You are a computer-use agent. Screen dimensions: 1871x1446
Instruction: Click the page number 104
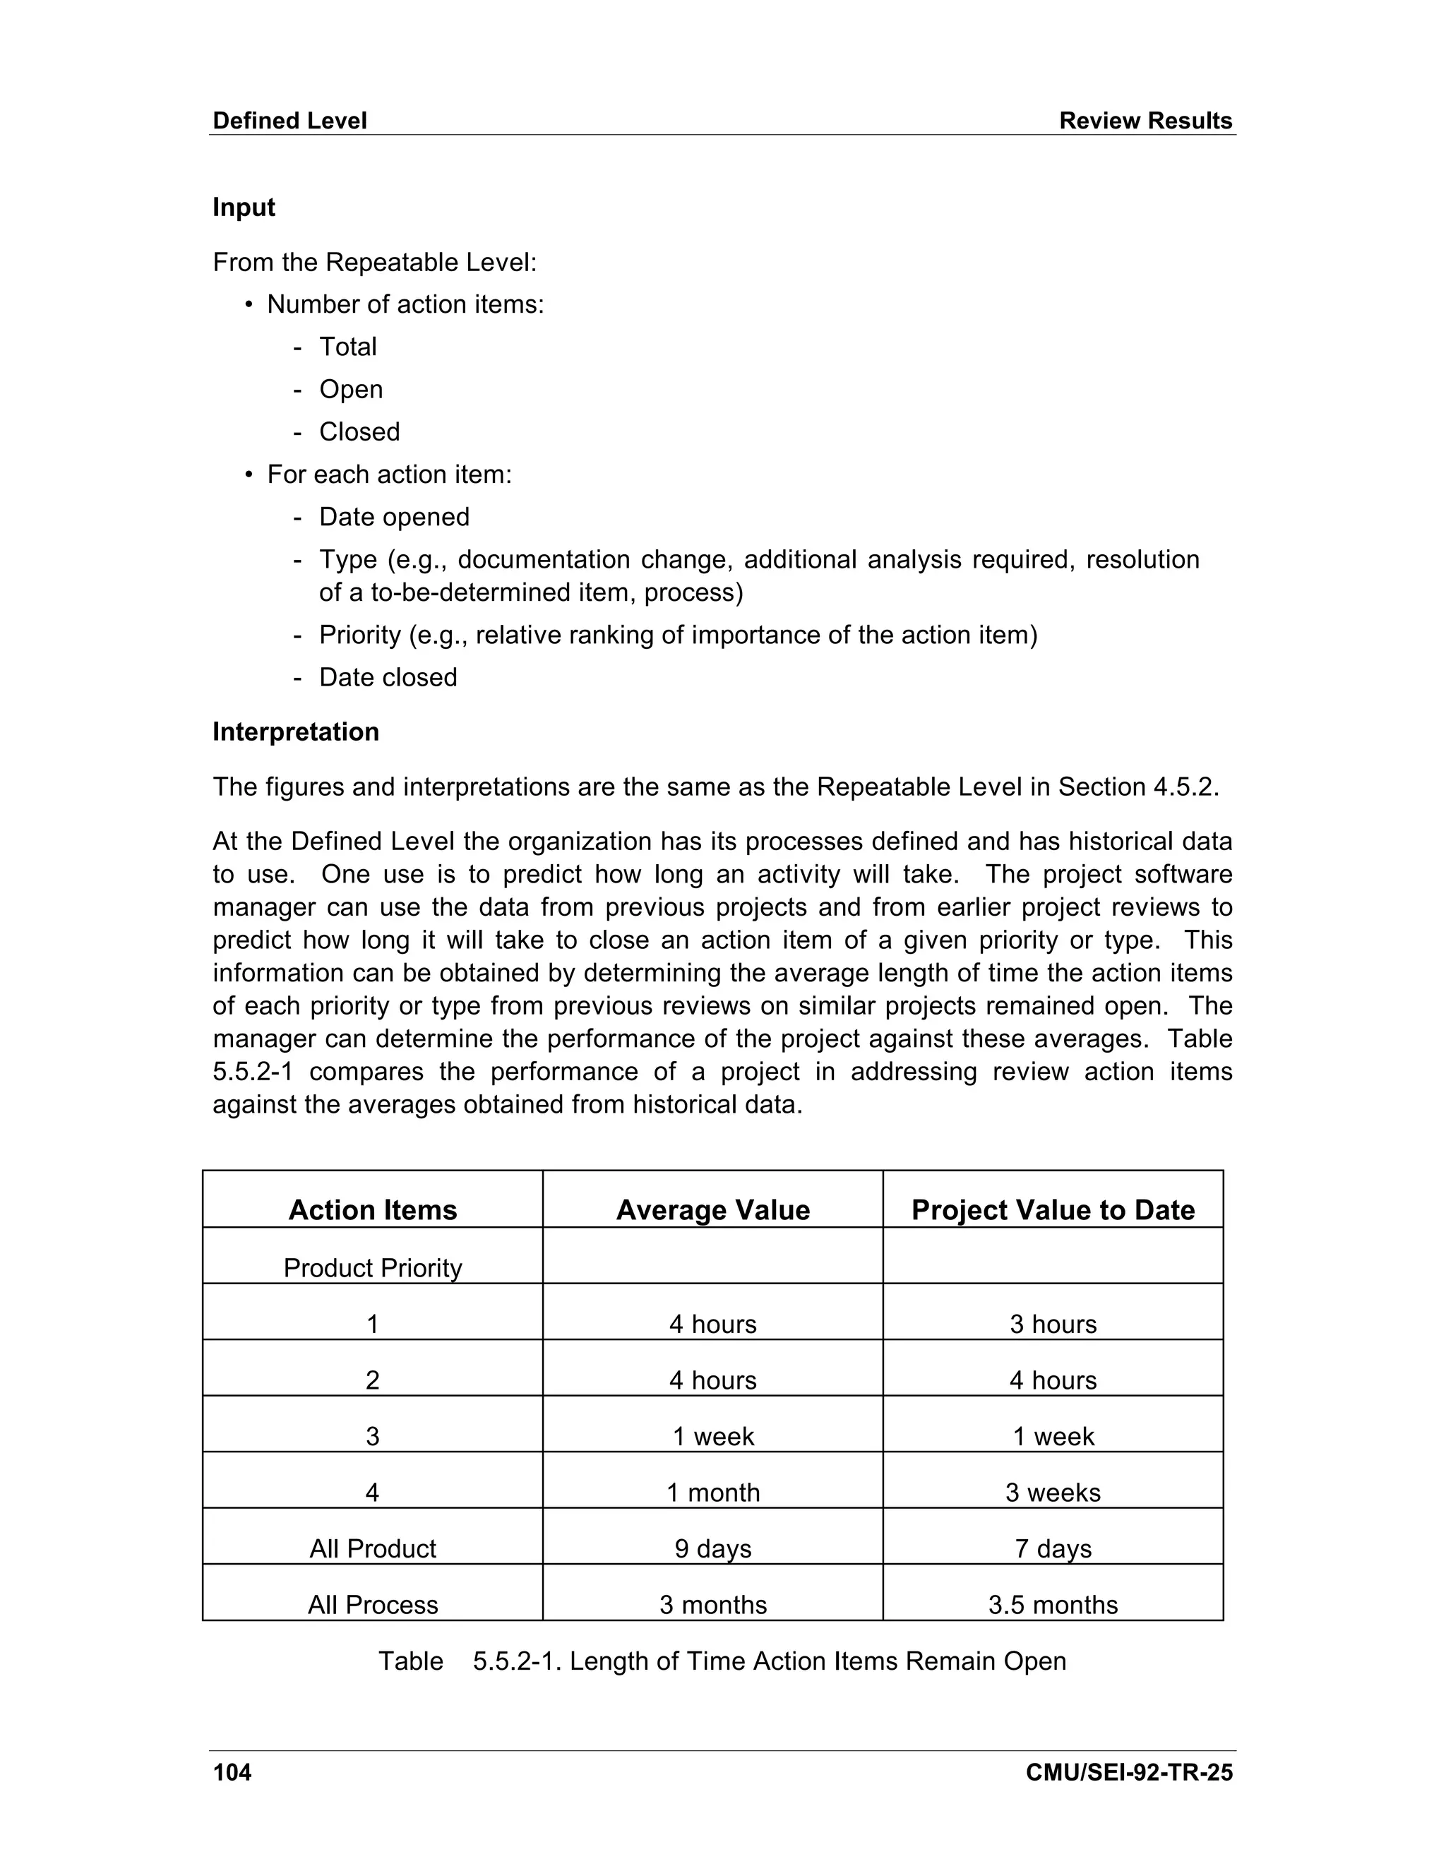click(232, 1771)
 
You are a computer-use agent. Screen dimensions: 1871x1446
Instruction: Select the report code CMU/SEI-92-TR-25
click(1128, 1771)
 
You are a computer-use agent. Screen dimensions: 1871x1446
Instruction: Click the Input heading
click(244, 208)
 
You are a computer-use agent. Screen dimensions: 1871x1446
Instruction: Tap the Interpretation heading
click(296, 731)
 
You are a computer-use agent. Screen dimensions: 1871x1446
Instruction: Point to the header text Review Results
click(1145, 121)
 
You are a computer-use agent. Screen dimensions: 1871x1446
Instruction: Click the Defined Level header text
click(289, 121)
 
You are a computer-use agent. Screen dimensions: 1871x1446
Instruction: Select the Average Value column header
click(712, 1209)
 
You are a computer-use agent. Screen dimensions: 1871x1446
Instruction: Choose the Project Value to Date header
click(1053, 1209)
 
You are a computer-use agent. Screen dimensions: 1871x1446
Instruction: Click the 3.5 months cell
click(1053, 1605)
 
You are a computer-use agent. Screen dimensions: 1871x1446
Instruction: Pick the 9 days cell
click(712, 1548)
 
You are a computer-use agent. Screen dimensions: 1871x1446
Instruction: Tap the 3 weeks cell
click(1053, 1493)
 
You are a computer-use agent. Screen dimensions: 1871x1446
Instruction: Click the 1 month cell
click(712, 1493)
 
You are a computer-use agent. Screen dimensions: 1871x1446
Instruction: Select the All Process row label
click(373, 1605)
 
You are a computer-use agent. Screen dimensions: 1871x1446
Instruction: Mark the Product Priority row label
click(373, 1268)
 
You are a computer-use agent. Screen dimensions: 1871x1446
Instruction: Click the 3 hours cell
click(1053, 1324)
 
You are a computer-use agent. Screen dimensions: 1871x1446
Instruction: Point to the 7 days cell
click(1053, 1548)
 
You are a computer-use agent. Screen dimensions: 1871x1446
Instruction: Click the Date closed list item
click(388, 678)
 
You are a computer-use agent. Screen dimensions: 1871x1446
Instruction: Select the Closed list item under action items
click(359, 432)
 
